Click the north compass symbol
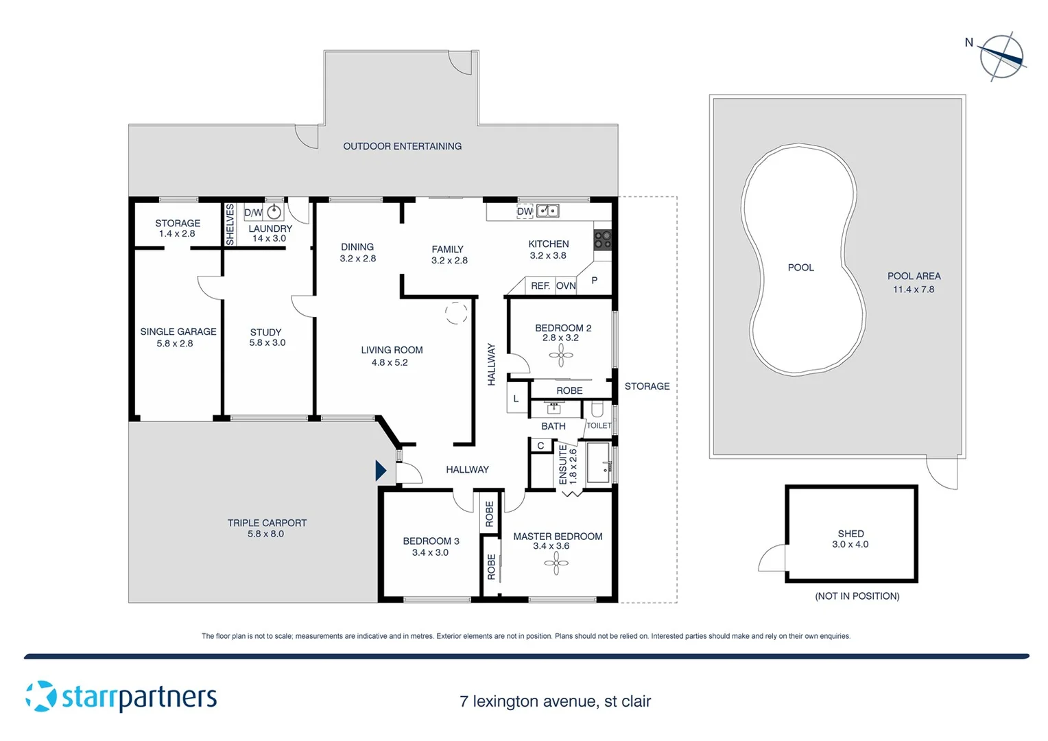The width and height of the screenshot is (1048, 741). coord(1001,56)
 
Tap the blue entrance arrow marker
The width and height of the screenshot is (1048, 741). coord(381,471)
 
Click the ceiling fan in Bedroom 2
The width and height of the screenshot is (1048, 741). coord(561,355)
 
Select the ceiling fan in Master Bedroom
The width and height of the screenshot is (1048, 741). coord(556,564)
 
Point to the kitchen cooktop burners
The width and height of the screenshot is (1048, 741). coord(602,239)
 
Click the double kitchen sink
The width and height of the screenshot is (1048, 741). coord(547,211)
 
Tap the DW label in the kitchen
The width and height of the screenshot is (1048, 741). coord(525,211)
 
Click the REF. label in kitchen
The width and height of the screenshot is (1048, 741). coord(540,285)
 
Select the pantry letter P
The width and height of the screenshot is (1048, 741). coord(594,280)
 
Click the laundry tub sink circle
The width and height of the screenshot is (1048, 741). coord(274,211)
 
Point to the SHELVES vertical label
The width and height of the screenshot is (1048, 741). coord(230,224)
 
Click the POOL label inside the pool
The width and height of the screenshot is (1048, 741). coord(800,268)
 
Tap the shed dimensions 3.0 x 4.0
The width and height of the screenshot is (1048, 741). coord(850,545)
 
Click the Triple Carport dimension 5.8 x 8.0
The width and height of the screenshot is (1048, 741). coord(266,534)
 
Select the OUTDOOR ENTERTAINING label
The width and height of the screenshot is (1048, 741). coord(402,146)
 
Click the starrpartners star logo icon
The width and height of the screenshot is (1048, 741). coord(41,696)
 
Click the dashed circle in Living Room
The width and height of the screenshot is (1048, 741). coord(456,313)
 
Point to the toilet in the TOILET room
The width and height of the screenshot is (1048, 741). coord(597,410)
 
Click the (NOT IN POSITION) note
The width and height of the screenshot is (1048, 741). coord(857,596)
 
